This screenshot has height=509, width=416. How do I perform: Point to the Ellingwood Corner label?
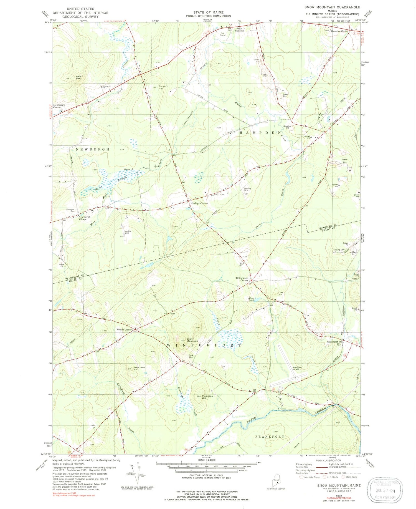coord(242,279)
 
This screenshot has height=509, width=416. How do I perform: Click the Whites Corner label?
coord(124,329)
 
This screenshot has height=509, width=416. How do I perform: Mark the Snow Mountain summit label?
coord(192,340)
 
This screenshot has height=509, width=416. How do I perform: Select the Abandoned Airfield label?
coord(297,368)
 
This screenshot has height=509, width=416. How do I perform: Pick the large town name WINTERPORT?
coord(204,345)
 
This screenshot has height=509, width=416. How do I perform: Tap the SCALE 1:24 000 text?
coord(206,460)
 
